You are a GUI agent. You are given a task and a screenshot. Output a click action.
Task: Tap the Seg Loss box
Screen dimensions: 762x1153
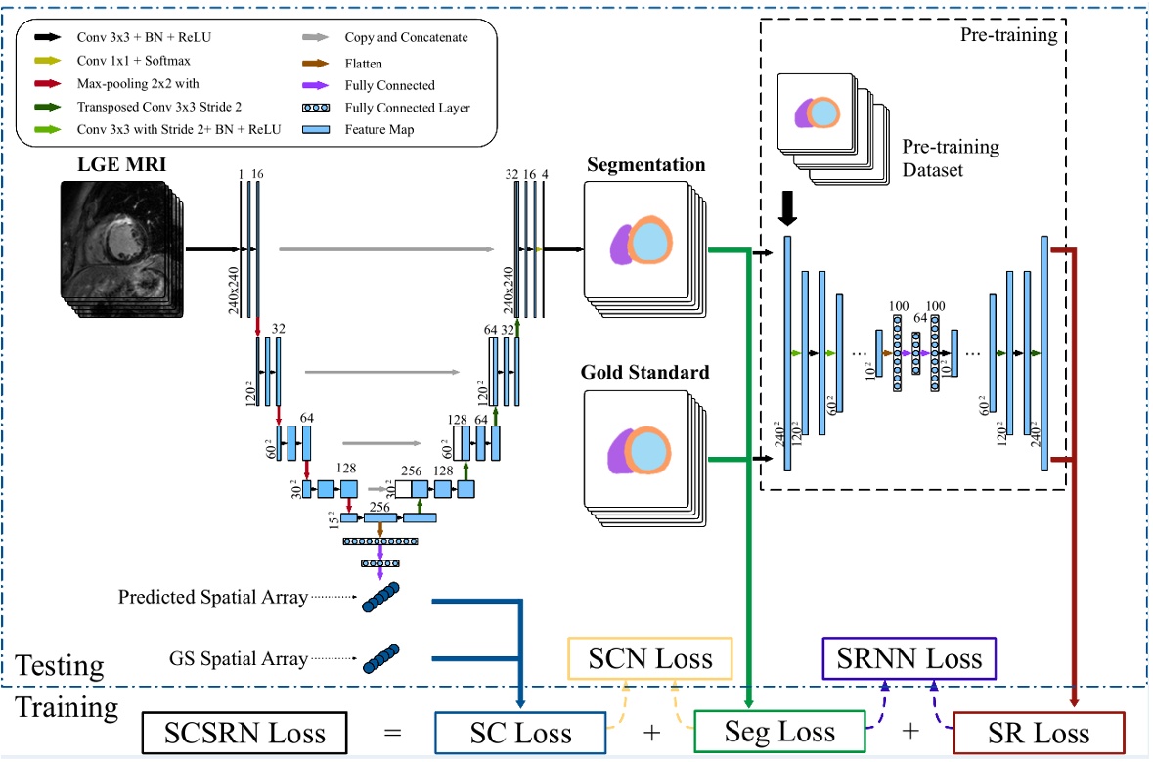(779, 732)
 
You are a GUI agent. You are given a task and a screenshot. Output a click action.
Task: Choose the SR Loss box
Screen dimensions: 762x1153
(1038, 733)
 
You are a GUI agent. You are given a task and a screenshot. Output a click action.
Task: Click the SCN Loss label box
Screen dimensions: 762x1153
(650, 657)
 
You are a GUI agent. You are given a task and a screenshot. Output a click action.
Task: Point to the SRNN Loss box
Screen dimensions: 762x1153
(909, 657)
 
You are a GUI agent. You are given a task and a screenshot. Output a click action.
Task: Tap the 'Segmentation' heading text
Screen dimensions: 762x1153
(645, 164)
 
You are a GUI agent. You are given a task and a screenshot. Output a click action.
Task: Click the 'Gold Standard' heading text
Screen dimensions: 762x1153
(644, 373)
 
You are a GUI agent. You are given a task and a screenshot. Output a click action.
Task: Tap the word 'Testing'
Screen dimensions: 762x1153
(61, 666)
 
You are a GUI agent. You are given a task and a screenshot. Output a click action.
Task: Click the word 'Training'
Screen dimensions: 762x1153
(67, 706)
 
